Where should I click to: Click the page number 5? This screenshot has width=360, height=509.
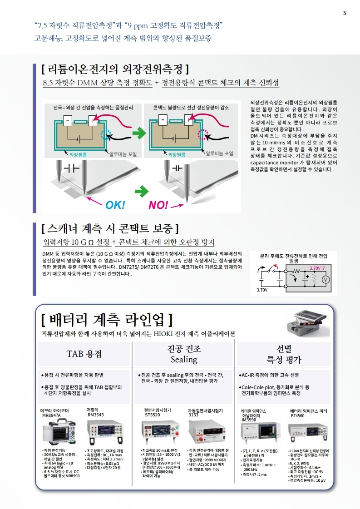pos(345,13)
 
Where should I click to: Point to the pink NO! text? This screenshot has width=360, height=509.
pos(158,204)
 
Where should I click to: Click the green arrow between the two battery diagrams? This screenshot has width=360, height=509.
pos(138,133)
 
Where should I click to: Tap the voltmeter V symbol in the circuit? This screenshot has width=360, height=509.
pos(325,280)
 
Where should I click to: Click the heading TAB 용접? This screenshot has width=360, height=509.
pos(84,354)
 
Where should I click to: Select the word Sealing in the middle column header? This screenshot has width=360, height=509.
pos(184,359)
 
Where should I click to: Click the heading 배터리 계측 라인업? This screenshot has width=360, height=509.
pos(107,319)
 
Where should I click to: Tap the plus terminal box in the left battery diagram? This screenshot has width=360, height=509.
pos(93,120)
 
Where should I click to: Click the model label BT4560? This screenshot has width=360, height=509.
pos(297,415)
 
